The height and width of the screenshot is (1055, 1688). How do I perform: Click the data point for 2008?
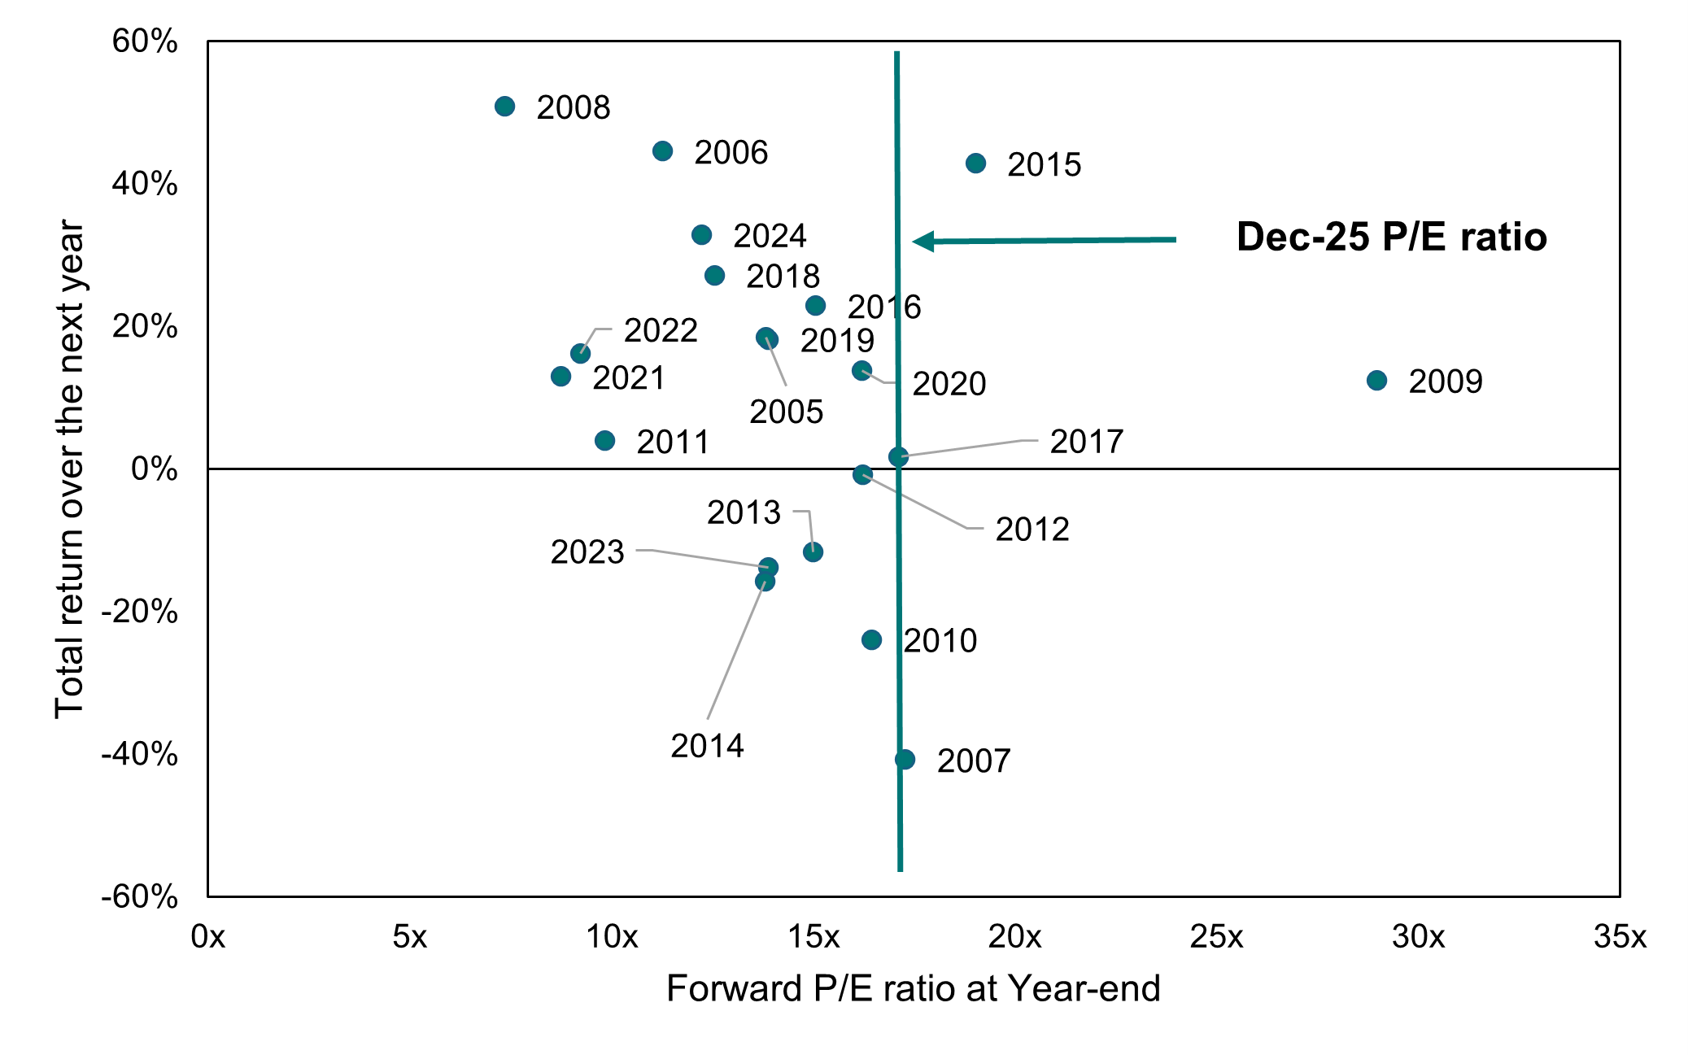pos(504,107)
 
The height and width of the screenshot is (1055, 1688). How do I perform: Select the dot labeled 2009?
pos(1376,381)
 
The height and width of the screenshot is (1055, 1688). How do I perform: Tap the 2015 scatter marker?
pos(975,163)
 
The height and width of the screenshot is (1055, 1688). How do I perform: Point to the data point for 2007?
pos(905,760)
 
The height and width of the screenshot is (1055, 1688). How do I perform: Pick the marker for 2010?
pos(871,640)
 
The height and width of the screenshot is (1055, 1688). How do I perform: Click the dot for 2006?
pos(662,151)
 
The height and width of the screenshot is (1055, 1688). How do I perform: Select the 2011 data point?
pos(604,441)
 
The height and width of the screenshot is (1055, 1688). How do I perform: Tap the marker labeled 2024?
pos(701,235)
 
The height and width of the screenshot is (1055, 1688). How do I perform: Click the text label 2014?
pos(707,746)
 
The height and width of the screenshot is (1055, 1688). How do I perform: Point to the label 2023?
pos(587,552)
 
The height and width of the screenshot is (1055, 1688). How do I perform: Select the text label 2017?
pos(1086,442)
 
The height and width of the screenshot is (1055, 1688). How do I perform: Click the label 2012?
pos(1032,530)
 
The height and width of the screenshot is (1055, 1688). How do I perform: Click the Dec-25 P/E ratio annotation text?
pos(1391,238)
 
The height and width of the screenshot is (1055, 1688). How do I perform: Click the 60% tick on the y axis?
pos(145,41)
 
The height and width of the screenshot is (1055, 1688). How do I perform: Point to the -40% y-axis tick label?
pos(140,754)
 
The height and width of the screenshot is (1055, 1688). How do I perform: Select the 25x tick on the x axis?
pos(1216,937)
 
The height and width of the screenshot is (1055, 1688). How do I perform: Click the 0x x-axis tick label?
pos(207,937)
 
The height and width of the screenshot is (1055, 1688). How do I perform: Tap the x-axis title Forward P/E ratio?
pos(913,989)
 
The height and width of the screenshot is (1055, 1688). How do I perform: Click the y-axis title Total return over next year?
pos(70,469)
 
